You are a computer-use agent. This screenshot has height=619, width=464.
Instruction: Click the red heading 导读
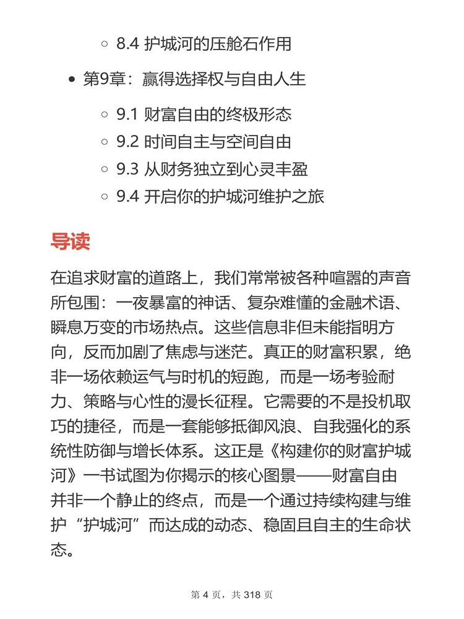pyautogui.click(x=70, y=241)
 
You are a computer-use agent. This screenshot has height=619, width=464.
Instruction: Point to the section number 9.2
pyautogui.click(x=128, y=142)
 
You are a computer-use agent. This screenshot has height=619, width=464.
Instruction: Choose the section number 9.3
pyautogui.click(x=128, y=170)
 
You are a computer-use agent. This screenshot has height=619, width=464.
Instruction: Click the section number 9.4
pyautogui.click(x=128, y=197)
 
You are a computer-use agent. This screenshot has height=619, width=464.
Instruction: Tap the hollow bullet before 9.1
pyautogui.click(x=105, y=115)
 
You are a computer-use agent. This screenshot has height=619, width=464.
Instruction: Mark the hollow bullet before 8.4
pyautogui.click(x=105, y=45)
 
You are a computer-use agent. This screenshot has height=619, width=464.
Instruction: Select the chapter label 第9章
pyautogui.click(x=103, y=80)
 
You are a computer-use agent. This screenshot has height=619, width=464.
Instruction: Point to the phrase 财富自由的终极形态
pyautogui.click(x=217, y=115)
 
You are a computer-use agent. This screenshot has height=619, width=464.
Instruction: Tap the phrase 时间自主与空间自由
pyautogui.click(x=217, y=142)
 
